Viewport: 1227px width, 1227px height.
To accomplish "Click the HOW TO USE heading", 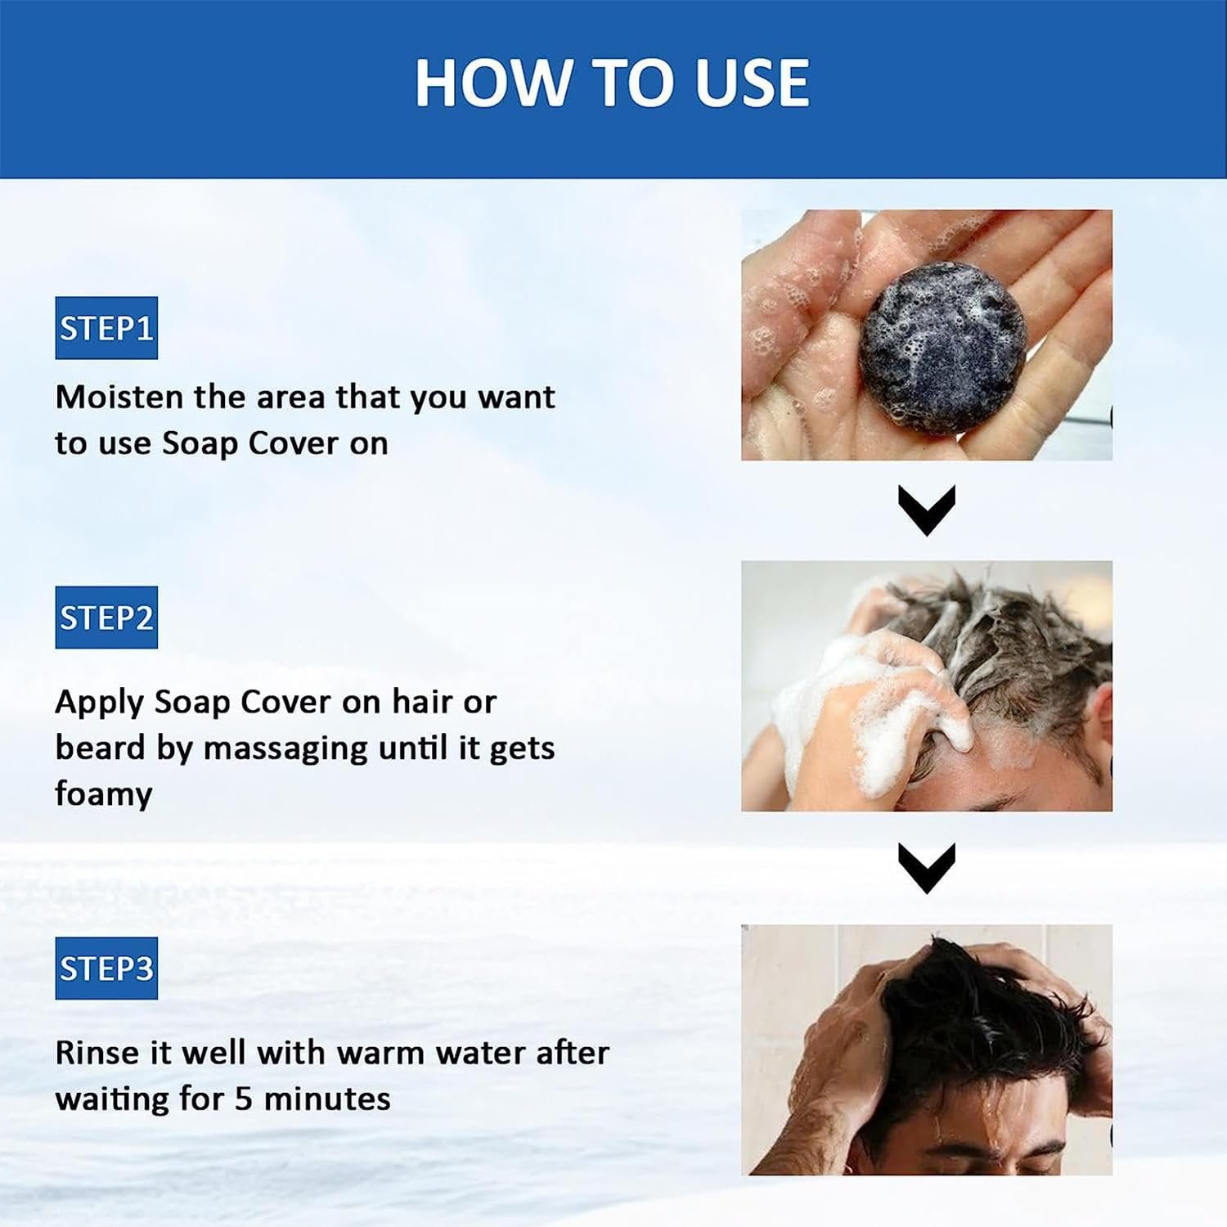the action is coord(612,83).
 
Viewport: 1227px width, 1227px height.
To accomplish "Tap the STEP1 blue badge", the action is coord(106,328).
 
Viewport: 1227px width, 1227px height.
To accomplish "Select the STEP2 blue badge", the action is coord(106,618).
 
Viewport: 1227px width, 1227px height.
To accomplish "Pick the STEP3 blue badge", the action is coord(106,969).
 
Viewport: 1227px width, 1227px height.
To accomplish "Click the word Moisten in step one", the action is coord(119,397).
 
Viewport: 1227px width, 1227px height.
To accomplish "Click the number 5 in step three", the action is coord(243,1099).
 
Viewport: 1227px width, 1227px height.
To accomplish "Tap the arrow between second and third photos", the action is coord(927,868).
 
